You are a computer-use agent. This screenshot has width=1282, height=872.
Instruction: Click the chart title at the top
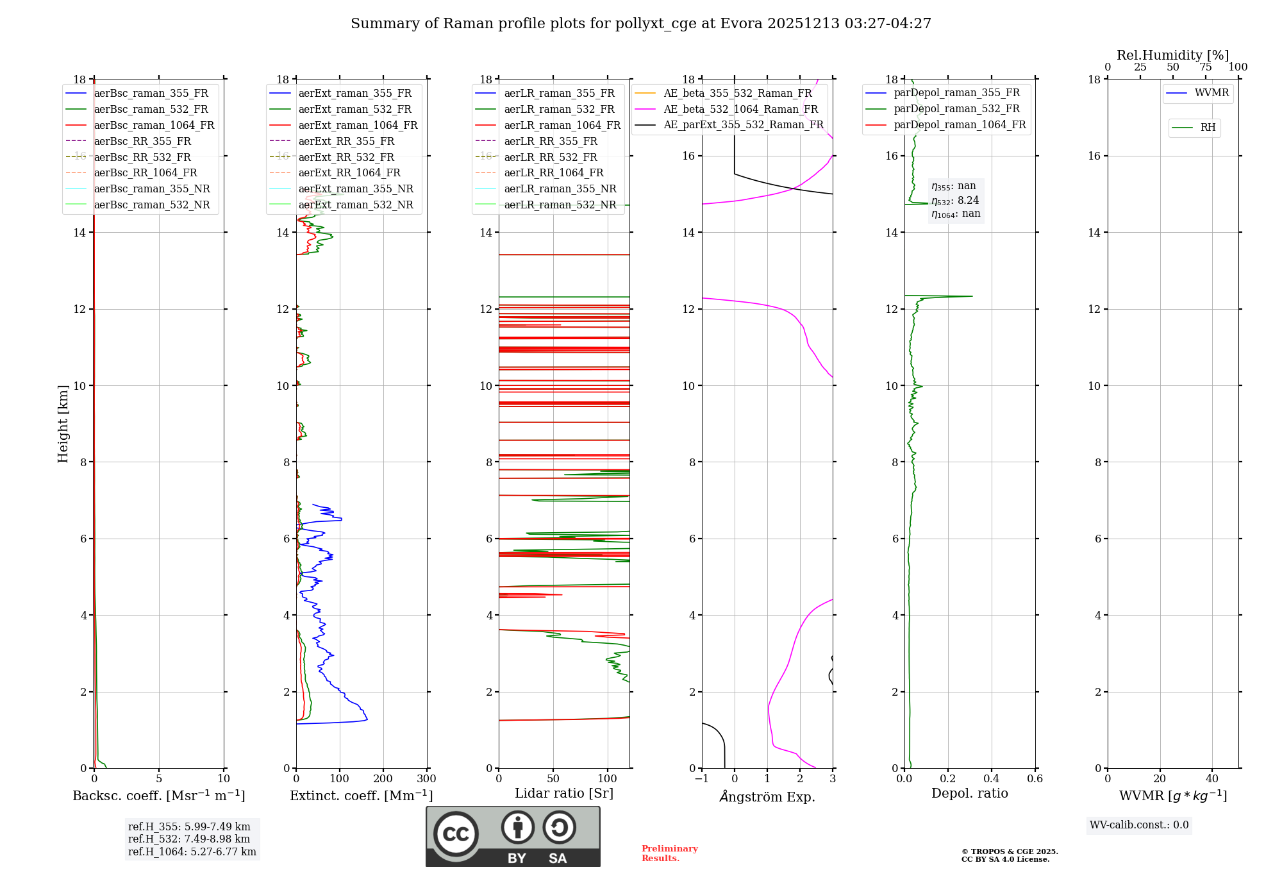(640, 24)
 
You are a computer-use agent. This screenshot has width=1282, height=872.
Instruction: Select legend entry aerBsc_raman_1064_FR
(154, 125)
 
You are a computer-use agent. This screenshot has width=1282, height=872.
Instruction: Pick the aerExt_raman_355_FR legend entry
(354, 94)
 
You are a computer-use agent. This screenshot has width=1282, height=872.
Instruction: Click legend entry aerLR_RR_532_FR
(550, 157)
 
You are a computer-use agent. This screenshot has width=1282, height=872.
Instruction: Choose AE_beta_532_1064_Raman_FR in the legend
(740, 109)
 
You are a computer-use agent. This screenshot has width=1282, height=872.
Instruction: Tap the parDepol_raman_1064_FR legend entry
(960, 124)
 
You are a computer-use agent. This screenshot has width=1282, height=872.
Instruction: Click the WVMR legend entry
(1211, 93)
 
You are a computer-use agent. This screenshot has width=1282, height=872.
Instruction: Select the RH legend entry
(1208, 128)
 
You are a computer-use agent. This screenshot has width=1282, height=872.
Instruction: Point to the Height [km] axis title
(63, 423)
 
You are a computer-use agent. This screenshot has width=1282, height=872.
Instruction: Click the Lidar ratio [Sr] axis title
(564, 793)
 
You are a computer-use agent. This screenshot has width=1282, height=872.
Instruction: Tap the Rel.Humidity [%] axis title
(1172, 55)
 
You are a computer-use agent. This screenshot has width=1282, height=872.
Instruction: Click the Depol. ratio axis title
(969, 793)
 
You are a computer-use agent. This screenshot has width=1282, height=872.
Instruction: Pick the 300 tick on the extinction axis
(426, 779)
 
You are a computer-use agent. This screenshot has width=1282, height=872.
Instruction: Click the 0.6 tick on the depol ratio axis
(1035, 779)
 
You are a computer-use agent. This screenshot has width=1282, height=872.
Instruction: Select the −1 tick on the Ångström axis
(701, 779)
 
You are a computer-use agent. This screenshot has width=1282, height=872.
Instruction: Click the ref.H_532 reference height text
(189, 839)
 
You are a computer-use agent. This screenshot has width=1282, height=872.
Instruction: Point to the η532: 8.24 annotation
(955, 201)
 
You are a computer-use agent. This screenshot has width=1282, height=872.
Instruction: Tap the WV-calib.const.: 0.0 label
(1139, 825)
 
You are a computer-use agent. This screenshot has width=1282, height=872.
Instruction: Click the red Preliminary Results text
(669, 853)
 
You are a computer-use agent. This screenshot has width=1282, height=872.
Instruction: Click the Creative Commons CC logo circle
(456, 834)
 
